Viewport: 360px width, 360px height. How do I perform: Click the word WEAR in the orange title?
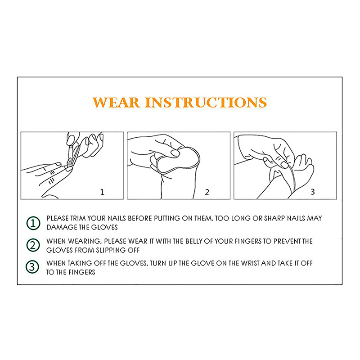click(x=116, y=103)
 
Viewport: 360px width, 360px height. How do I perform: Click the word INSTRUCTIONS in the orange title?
click(x=206, y=103)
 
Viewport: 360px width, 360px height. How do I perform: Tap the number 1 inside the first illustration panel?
click(x=103, y=192)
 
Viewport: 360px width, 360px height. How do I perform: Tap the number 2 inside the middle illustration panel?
click(x=207, y=192)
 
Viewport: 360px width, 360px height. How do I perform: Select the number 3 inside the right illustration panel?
click(x=312, y=192)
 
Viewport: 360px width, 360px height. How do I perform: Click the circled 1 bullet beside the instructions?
click(x=33, y=223)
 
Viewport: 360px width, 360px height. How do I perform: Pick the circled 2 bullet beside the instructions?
click(x=33, y=245)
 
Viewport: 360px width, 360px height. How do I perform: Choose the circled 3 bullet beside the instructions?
click(x=32, y=267)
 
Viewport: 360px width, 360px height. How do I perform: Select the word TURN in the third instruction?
click(x=158, y=263)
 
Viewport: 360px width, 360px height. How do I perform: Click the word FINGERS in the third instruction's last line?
click(x=82, y=272)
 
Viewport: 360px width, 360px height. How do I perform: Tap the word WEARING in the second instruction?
click(x=85, y=241)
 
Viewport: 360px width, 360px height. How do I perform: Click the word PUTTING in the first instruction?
click(x=167, y=218)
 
